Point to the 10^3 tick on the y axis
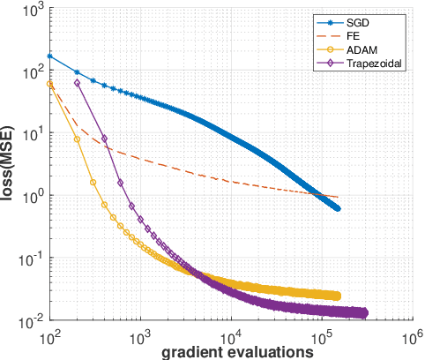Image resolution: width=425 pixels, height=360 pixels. pyautogui.click(x=30, y=11)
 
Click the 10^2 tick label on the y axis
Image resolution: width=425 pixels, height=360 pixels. pyautogui.click(x=30, y=73)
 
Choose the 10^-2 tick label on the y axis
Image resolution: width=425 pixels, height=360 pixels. pyautogui.click(x=28, y=320)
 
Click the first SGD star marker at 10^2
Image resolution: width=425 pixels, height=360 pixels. pyautogui.click(x=49, y=56)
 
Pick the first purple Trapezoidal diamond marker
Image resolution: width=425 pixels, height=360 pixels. pyautogui.click(x=78, y=83)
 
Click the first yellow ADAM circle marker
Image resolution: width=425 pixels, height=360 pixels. pyautogui.click(x=50, y=85)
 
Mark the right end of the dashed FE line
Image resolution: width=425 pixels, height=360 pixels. pyautogui.click(x=338, y=197)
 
